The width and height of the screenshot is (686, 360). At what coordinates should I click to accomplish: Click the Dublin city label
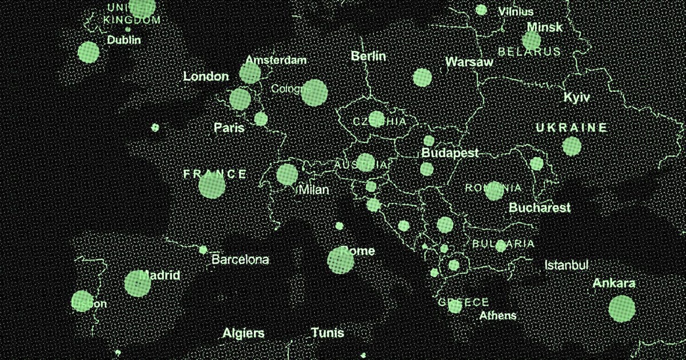[123, 41]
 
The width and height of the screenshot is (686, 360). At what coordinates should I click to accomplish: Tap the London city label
[206, 76]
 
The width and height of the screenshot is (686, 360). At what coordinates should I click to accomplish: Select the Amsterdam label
[276, 60]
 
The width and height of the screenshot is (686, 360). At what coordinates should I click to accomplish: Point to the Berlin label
[368, 56]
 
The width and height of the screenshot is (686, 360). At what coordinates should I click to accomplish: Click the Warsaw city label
[469, 62]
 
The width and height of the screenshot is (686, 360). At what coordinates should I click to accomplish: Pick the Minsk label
[544, 27]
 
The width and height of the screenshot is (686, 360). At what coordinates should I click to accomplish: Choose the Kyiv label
[576, 97]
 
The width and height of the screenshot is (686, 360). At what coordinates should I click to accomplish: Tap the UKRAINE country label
[571, 127]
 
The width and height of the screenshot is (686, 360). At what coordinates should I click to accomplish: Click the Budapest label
[449, 153]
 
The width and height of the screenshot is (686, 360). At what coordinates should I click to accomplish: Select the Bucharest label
[540, 207]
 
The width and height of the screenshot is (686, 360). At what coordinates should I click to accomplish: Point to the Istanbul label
[566, 265]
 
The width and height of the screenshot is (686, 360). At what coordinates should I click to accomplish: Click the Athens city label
[497, 315]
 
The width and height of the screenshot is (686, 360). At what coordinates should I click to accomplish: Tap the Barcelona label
[240, 260]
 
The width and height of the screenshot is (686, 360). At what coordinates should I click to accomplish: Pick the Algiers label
[244, 333]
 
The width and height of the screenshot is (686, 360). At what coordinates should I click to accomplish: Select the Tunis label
[328, 333]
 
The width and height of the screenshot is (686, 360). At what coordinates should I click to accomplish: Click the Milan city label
[314, 190]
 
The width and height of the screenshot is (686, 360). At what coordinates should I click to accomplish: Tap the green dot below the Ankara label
[621, 309]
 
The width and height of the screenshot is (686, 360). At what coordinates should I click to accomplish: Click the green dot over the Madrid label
[138, 283]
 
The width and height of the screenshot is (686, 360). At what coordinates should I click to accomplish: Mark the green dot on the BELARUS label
[531, 41]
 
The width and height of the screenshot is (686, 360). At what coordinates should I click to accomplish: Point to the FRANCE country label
[215, 174]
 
